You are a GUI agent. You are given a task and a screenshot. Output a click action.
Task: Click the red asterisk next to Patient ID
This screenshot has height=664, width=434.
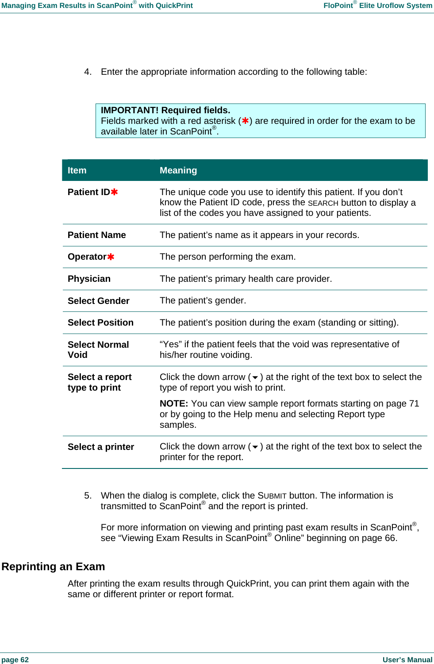pos(114,192)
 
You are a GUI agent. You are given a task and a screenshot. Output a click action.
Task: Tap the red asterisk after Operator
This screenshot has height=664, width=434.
pos(111,257)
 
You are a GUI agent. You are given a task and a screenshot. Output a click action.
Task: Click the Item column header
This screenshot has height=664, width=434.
pos(77,170)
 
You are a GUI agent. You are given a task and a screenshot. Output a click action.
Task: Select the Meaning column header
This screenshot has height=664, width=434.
pos(178,170)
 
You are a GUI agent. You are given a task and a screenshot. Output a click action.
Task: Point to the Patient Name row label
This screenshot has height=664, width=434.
pos(96,235)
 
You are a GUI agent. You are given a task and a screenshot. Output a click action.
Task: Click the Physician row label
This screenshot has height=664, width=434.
pos(89,279)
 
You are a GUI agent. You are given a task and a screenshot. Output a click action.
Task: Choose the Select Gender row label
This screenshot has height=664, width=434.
pos(98,301)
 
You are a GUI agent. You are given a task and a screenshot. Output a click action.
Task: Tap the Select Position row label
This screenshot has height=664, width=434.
pos(100,322)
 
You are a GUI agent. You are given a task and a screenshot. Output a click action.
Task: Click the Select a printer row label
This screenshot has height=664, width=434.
pos(100,447)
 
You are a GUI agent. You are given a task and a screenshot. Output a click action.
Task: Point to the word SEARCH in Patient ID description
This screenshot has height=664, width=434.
pos(323,203)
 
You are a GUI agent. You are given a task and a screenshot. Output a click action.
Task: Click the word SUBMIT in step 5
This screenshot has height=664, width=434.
pos(272,496)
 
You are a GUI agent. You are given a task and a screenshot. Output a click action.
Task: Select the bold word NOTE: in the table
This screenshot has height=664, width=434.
pos(174,403)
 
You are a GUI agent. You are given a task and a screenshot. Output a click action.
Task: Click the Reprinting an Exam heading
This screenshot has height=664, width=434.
pos(53,567)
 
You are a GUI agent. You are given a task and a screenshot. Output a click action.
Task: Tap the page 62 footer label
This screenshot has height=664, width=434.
pos(15,660)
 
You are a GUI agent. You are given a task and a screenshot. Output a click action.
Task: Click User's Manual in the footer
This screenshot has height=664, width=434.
pos(407,660)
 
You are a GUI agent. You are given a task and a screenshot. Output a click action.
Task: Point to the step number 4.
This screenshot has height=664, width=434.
pos(88,72)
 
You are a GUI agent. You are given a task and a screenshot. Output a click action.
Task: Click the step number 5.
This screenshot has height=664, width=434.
pos(88,495)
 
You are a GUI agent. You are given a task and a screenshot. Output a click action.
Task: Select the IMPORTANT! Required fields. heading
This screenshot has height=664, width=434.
pos(165,110)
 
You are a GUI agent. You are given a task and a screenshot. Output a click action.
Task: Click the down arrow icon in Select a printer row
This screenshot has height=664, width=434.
pos(255,447)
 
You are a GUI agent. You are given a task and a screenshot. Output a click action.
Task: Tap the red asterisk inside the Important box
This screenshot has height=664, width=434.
pos(245,121)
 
